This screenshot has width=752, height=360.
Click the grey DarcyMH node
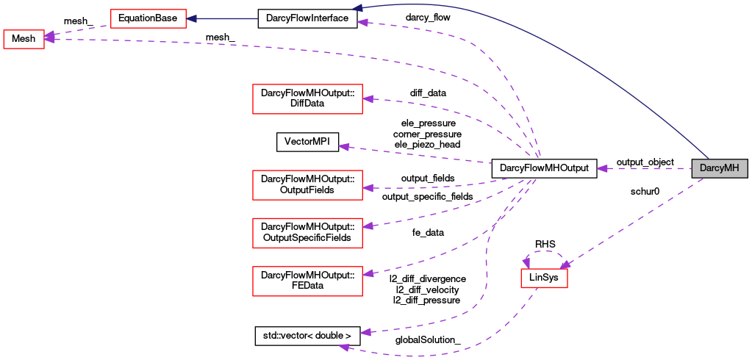720,168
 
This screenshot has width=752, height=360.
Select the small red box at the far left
24,39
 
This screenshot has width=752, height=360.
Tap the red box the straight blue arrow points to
148,18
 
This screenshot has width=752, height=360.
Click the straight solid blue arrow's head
192,18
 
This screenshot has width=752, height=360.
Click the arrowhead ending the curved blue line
357,9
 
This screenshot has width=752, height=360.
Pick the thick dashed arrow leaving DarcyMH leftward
647,168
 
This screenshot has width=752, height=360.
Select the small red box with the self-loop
544,278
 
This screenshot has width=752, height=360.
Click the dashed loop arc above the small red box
544,252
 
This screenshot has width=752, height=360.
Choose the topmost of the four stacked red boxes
307,98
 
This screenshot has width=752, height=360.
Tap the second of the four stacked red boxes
307,184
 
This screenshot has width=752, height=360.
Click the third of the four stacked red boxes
307,233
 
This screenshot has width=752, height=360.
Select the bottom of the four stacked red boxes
307,281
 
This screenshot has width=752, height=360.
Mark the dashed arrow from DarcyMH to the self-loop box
632,220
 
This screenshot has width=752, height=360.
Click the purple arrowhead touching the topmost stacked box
368,98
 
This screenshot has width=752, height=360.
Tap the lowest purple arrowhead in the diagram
343,346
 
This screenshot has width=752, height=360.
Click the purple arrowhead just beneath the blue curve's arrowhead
362,23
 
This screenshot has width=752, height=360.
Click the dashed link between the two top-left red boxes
77,30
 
